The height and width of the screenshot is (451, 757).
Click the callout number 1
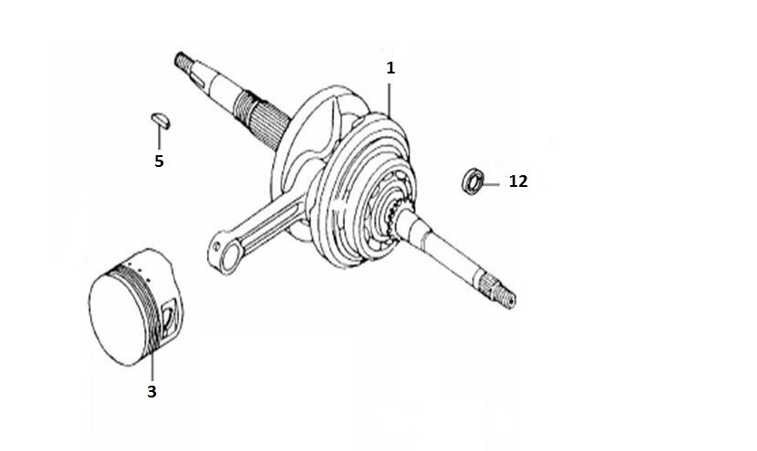click(390, 68)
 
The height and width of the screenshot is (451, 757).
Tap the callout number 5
click(159, 161)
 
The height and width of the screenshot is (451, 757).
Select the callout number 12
click(518, 181)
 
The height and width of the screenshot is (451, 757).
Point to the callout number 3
click(152, 392)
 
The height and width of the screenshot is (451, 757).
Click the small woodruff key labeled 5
click(161, 120)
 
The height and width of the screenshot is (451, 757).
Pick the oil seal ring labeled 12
click(473, 181)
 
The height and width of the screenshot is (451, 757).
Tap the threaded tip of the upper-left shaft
click(182, 62)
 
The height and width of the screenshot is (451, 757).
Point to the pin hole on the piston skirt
click(169, 319)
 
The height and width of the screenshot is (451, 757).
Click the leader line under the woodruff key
click(159, 137)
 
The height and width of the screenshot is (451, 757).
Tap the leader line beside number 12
click(490, 184)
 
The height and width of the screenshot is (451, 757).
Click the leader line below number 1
click(389, 100)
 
